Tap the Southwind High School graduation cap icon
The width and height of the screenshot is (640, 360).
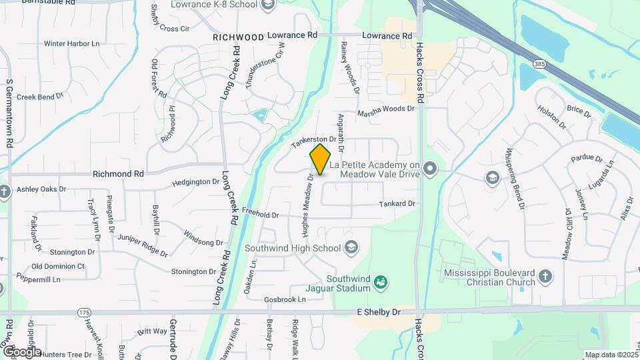[351, 249]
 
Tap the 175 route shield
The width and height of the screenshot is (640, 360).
[84, 312]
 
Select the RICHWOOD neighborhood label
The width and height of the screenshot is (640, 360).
[239, 37]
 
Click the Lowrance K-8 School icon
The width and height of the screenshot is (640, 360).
[268, 5]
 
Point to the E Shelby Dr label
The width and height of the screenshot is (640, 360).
[379, 312]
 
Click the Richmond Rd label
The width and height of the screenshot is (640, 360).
[118, 173]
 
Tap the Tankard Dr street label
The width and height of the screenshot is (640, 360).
[397, 203]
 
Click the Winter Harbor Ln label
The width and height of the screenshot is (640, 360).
[71, 44]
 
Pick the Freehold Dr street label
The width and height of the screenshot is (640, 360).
[261, 215]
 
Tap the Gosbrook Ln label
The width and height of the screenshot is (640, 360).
[284, 299]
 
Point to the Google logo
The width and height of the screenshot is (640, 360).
[21, 351]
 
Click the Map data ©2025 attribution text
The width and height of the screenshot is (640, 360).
[611, 355]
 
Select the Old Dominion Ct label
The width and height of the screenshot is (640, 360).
[63, 266]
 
